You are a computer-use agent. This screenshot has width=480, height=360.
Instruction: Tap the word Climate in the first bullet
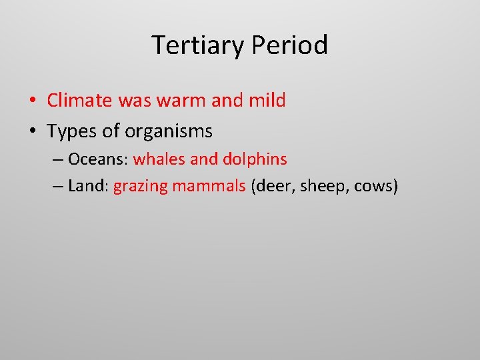coord(80,101)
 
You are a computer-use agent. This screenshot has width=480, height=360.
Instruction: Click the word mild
coord(267,101)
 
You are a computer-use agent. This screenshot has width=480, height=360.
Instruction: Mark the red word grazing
coord(141,187)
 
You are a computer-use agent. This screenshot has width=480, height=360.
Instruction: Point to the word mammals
coord(209,186)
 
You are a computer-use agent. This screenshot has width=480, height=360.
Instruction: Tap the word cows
coord(375,186)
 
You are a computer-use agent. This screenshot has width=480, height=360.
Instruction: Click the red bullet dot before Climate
coord(32,101)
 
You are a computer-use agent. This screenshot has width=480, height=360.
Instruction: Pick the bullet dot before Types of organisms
coord(32,132)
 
